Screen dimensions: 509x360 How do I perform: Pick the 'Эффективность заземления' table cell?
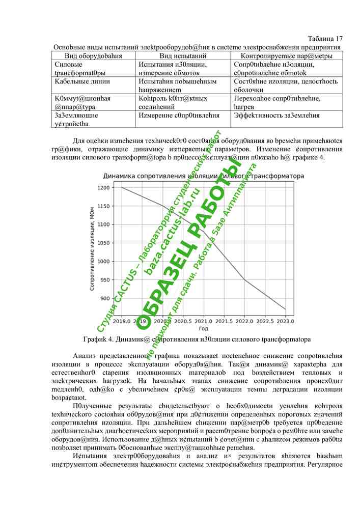click(x=276, y=116)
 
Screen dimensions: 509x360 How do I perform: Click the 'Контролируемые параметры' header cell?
click(x=287, y=55)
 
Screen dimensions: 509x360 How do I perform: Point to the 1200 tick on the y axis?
click(x=103, y=188)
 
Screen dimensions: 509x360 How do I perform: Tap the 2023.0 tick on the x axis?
click(x=286, y=322)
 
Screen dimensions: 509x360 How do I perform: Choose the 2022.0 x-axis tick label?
click(x=245, y=322)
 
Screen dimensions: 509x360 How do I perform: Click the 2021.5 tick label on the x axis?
click(x=224, y=322)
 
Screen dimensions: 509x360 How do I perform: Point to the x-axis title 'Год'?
click(x=204, y=329)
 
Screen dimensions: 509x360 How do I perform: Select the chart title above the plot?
click(x=204, y=176)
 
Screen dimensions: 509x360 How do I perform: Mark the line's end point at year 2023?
click(x=286, y=309)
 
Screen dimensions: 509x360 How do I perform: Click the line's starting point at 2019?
click(x=122, y=187)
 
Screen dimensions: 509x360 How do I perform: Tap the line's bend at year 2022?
click(x=245, y=279)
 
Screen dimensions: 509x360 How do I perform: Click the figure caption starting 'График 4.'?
click(x=197, y=339)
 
